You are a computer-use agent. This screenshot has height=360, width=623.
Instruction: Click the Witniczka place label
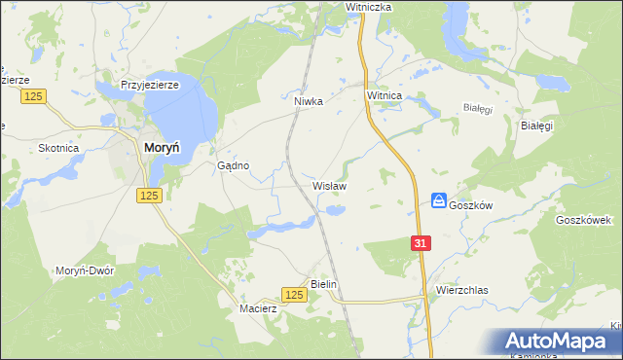368,7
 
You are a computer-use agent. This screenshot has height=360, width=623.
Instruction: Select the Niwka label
308,99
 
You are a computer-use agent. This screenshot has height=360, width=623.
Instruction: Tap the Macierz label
259,308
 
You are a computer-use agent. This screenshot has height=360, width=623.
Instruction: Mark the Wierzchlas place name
461,290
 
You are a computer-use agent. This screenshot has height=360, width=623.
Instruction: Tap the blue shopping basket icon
439,200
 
